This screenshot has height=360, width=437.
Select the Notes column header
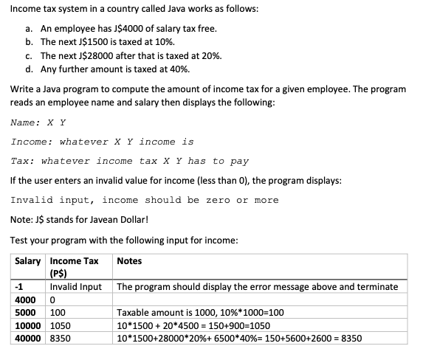click(129, 261)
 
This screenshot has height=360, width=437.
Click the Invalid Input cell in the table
click(75, 286)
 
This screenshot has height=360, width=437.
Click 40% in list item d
click(179, 69)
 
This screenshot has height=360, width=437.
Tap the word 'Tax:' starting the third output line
click(24, 161)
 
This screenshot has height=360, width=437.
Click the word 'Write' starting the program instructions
click(23, 89)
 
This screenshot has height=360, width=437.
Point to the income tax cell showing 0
click(52, 300)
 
